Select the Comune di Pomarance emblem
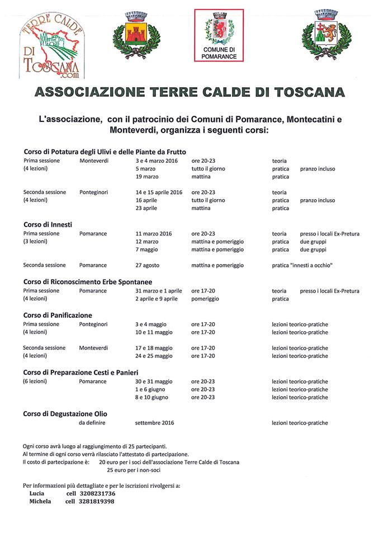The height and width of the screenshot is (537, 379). point(219,34)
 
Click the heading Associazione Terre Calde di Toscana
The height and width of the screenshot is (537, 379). point(190,92)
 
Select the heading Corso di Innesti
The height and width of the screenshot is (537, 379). point(48,224)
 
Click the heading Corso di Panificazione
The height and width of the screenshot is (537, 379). point(58,315)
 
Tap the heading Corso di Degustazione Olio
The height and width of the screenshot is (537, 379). point(65,414)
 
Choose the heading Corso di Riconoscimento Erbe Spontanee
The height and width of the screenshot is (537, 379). point(88,282)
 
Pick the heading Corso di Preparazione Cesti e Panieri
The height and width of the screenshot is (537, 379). point(80,372)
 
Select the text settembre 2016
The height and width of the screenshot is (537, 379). point(154,423)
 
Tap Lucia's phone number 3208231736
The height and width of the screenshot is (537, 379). point(93,494)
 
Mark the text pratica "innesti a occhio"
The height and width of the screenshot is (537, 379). point(302,265)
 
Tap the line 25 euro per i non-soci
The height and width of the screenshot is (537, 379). point(136,470)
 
